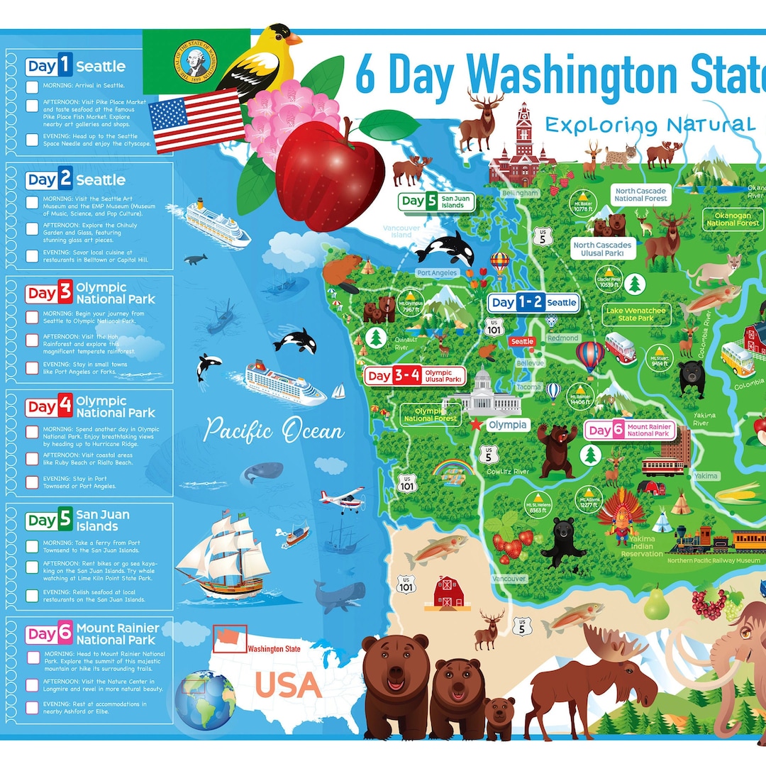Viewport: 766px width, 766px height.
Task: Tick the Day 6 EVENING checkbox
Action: click(32, 707)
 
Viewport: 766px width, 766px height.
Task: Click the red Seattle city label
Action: click(523, 342)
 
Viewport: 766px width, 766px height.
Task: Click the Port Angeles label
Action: click(437, 273)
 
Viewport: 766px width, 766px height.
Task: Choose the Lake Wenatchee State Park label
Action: click(635, 313)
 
